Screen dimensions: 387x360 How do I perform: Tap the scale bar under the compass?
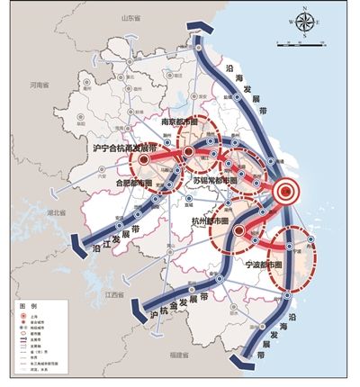(x=306, y=43)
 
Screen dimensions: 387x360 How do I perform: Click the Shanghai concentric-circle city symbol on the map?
(x=285, y=190)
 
